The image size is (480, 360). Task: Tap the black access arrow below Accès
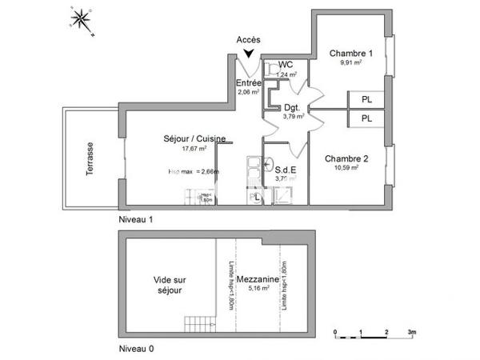click(x=249, y=53)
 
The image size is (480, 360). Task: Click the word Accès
click(x=249, y=40)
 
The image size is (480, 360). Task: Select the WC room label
click(x=285, y=65)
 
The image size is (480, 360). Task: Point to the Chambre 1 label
click(x=351, y=53)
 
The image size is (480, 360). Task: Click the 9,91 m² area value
click(x=351, y=62)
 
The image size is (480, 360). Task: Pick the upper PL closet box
click(x=366, y=100)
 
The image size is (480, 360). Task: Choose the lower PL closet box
click(x=366, y=118)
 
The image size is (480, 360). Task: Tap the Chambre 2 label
click(x=346, y=158)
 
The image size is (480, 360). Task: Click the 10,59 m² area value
click(x=346, y=168)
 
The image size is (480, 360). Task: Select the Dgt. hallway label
click(x=292, y=107)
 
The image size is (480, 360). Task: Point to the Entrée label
click(x=249, y=82)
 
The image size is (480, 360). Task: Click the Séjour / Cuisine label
click(x=189, y=138)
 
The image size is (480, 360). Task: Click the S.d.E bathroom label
click(x=286, y=170)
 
